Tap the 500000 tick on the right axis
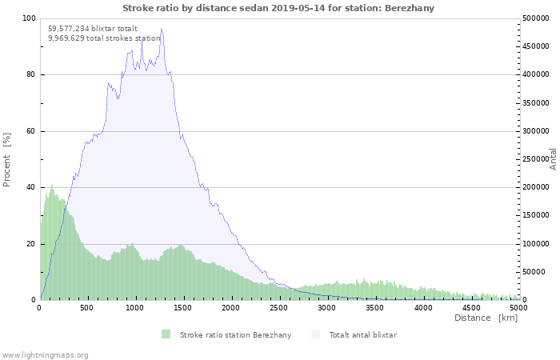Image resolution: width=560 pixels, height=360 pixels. coord(535,18)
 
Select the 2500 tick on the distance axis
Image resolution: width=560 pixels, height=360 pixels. coord(279,307)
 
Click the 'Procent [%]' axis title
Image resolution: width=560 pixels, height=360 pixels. coord(7,160)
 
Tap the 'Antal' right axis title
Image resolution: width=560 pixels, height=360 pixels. coord(553,158)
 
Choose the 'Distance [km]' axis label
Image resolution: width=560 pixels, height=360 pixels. coord(486,318)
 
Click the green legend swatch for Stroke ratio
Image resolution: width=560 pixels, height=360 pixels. coord(166,334)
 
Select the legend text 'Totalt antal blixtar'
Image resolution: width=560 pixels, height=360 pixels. coord(362,334)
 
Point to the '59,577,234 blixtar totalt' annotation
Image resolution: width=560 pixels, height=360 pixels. coord(93,28)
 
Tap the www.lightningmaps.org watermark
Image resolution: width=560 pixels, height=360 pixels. coord(45,354)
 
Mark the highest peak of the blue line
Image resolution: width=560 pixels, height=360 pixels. coord(162,30)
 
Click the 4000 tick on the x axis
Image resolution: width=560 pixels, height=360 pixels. coord(422,307)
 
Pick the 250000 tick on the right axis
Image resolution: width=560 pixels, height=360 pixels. coord(535,159)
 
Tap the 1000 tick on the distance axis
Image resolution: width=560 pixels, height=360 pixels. coord(135,307)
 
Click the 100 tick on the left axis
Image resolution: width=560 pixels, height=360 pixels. coord(29,18)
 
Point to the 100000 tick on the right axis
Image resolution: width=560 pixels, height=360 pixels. coord(535,244)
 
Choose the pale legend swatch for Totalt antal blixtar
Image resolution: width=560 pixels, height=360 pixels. coord(314,334)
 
